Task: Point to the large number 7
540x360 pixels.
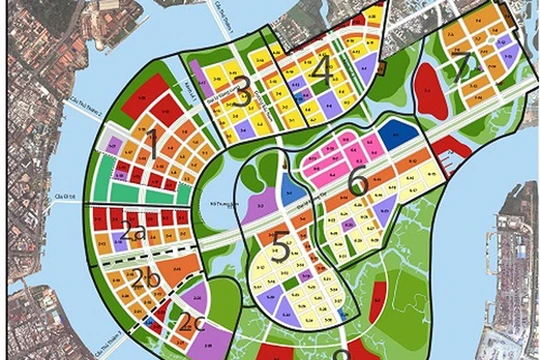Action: [462, 69]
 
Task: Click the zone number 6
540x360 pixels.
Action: [358, 182]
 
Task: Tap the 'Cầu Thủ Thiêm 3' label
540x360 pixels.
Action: [60, 198]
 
